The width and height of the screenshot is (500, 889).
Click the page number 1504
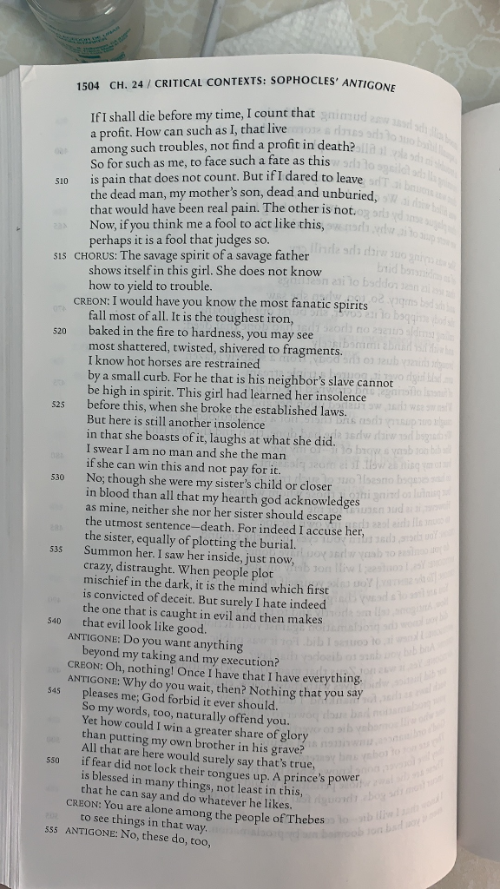[88, 86]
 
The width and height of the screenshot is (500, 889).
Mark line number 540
[54, 622]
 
